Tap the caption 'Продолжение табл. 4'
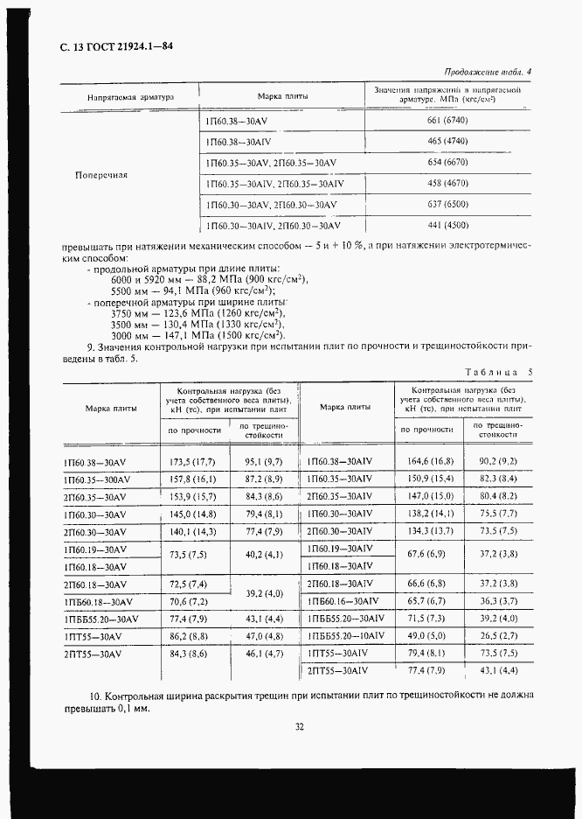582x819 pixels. (488, 73)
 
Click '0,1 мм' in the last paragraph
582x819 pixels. (133, 710)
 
